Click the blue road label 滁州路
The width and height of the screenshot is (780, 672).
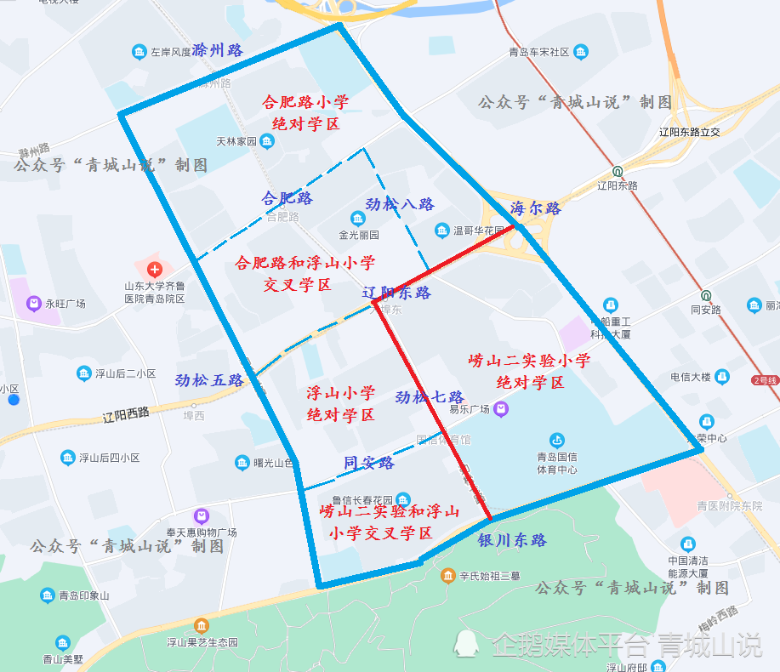tap(218, 50)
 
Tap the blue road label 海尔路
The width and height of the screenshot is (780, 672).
tap(535, 208)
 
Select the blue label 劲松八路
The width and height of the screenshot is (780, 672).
tap(400, 204)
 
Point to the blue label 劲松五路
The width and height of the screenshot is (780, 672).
tap(209, 380)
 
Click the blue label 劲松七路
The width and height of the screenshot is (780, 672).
tap(430, 397)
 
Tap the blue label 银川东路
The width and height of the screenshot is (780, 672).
tap(512, 540)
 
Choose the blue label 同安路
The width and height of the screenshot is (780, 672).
tap(368, 463)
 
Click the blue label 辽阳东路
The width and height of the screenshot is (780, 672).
tap(396, 293)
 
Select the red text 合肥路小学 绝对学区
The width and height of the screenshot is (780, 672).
tap(305, 113)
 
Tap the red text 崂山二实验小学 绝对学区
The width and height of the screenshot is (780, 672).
tap(530, 372)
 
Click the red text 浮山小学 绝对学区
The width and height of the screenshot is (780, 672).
tap(340, 404)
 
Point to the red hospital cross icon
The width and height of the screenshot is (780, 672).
tap(154, 269)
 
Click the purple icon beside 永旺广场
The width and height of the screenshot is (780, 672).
tap(34, 303)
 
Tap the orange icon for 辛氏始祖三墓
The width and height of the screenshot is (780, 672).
tap(447, 577)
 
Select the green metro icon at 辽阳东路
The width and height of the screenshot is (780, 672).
tap(618, 170)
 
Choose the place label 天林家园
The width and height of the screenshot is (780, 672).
tap(236, 141)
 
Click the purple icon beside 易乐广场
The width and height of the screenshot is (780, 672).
tap(501, 409)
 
